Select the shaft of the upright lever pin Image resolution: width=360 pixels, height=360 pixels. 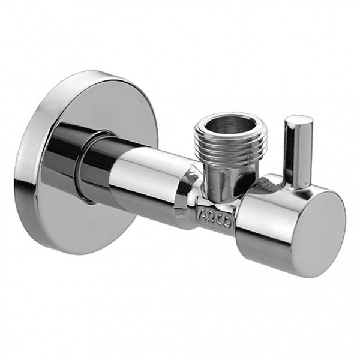tap(297, 153)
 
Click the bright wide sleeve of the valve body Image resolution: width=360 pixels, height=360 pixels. tap(150, 186)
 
